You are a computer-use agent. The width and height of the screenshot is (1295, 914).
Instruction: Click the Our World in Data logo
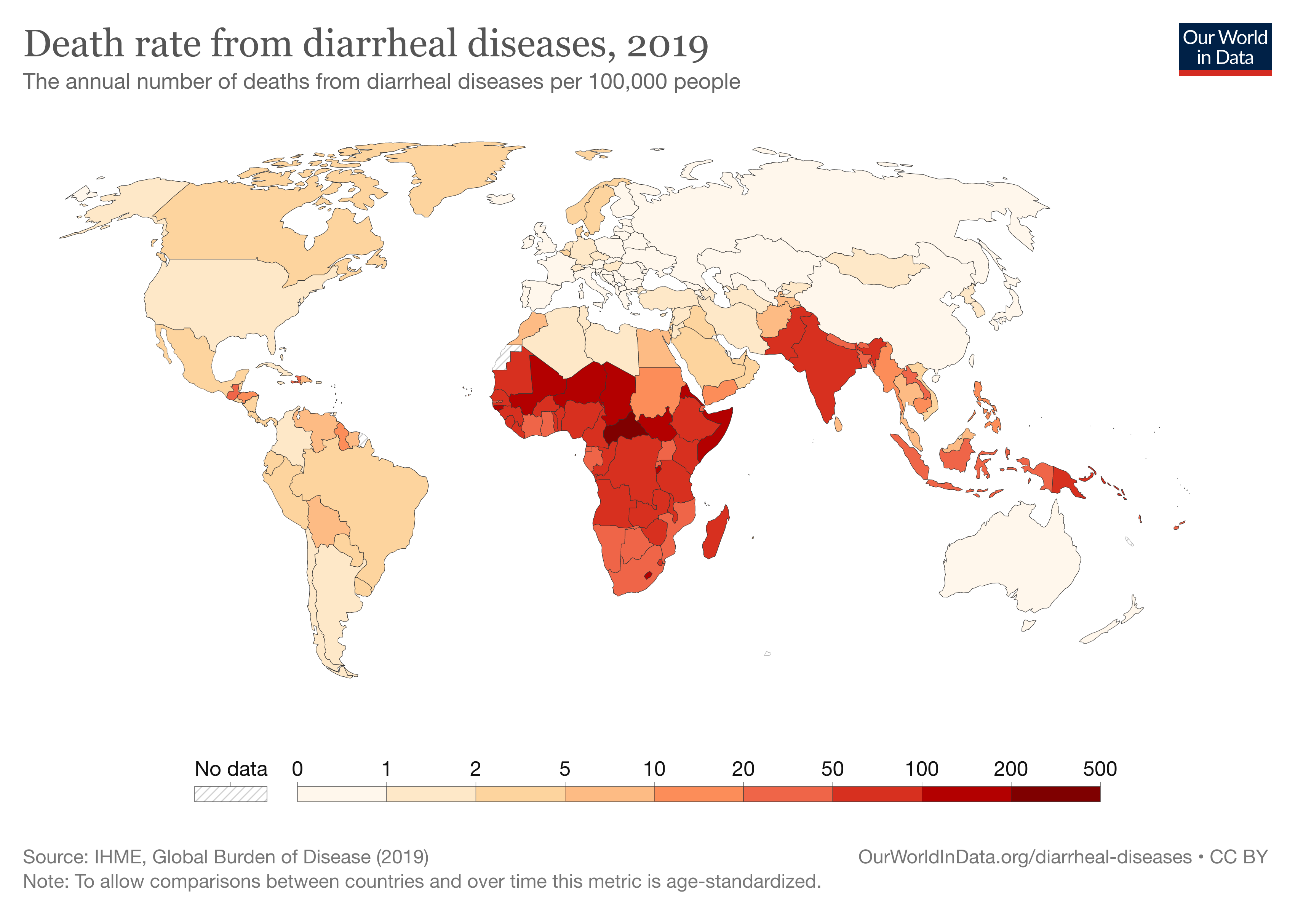point(1225,48)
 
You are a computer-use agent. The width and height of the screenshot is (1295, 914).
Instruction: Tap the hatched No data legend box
point(231,794)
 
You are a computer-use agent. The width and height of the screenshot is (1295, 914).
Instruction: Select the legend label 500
point(1099,769)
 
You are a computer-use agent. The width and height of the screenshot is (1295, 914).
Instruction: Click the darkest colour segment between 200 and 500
point(1055,794)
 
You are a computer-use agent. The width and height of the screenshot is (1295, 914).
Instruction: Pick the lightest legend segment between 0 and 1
point(342,794)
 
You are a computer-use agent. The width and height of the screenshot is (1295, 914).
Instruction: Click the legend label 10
point(654,769)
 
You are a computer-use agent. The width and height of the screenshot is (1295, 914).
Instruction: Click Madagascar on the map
point(715,533)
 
